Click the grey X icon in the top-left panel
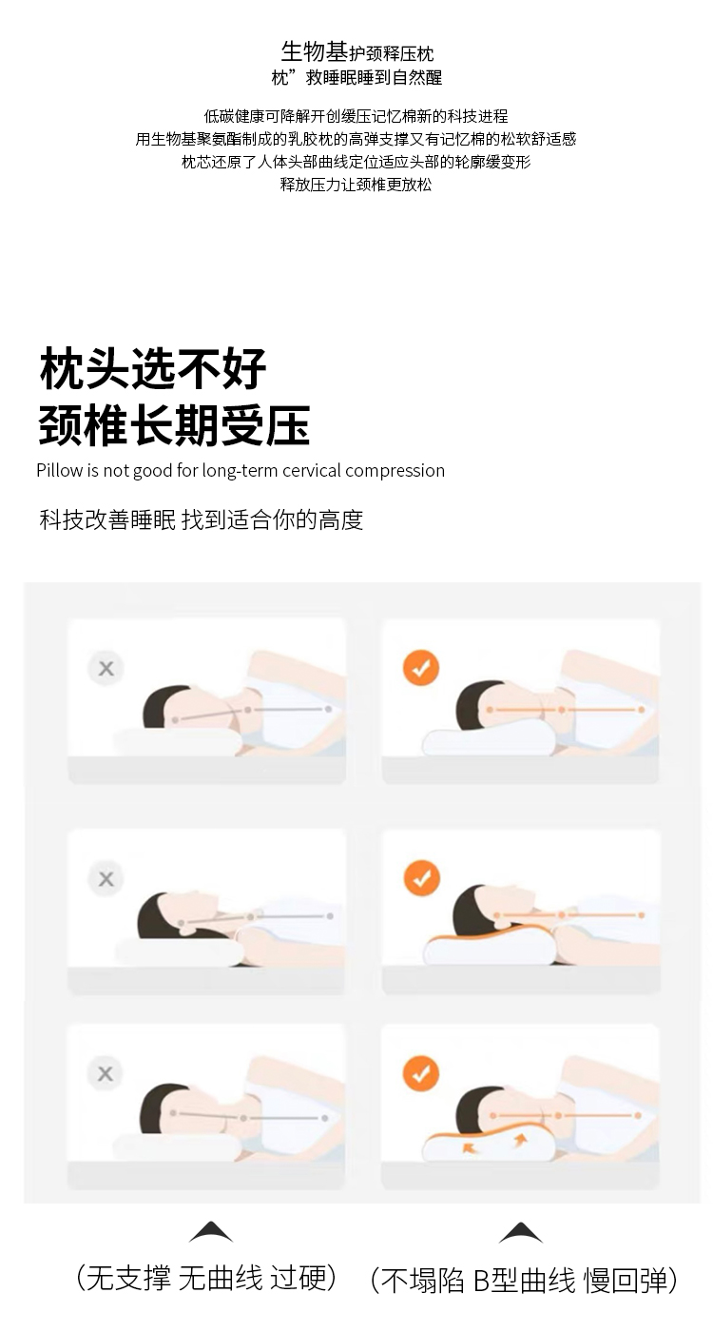(x=106, y=668)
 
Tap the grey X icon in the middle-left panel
(x=106, y=879)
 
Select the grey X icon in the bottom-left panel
(x=106, y=1073)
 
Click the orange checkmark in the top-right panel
(x=420, y=668)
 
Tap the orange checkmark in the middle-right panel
(x=422, y=877)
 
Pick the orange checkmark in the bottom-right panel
(x=420, y=1073)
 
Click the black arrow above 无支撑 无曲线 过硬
(x=211, y=1233)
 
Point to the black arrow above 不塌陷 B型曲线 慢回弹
(x=521, y=1233)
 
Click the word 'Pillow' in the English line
(x=59, y=470)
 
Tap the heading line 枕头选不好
(x=153, y=369)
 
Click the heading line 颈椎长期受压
(x=174, y=424)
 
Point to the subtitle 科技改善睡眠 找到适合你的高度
(x=201, y=519)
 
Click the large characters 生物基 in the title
(x=315, y=51)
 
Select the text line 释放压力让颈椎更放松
(x=356, y=185)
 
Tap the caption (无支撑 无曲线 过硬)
(x=207, y=1279)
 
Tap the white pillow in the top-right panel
(x=489, y=739)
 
